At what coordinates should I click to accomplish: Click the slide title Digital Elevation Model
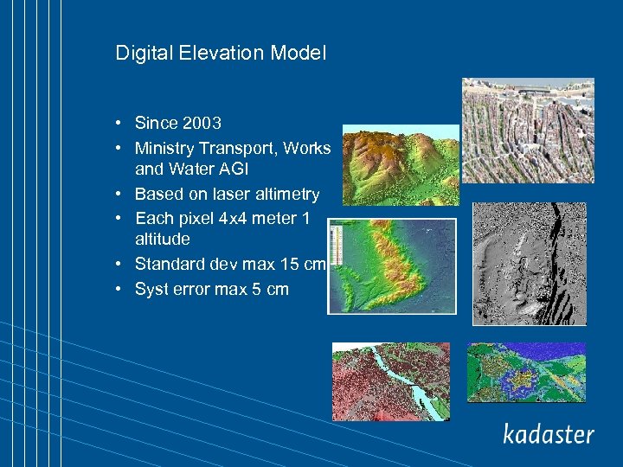click(x=221, y=54)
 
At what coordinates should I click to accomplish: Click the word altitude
click(x=162, y=239)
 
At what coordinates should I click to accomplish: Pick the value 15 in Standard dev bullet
click(x=288, y=264)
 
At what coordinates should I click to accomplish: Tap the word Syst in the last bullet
click(x=151, y=290)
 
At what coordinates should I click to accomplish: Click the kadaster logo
click(x=549, y=433)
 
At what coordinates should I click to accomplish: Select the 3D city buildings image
click(x=528, y=131)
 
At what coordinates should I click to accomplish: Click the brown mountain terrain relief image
click(x=401, y=164)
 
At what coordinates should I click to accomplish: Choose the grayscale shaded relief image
click(x=529, y=264)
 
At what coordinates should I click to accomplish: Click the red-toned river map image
click(x=391, y=381)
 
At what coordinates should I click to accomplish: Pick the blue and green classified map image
click(x=526, y=373)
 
